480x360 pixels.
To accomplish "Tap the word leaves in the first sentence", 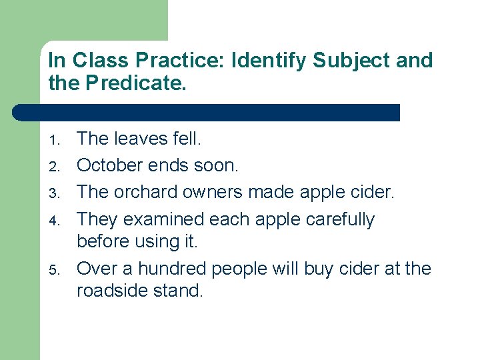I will click(139, 139).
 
